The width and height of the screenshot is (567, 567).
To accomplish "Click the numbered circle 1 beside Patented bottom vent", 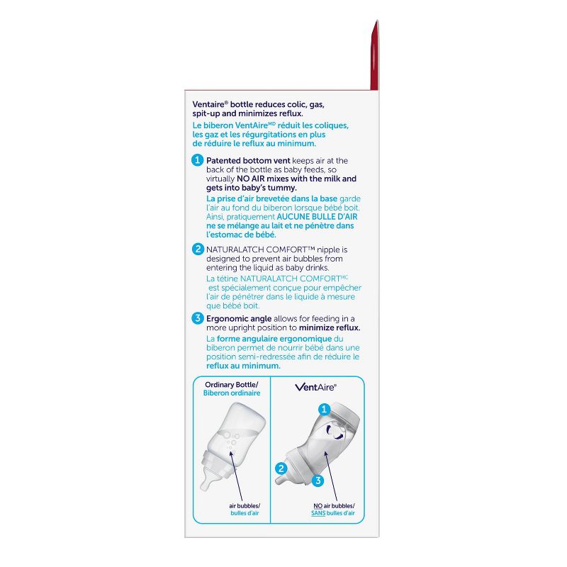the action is point(197,160).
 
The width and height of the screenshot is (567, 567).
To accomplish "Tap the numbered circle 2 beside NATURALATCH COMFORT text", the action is point(198,249).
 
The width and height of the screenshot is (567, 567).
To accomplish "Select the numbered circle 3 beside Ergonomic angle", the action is point(198,318).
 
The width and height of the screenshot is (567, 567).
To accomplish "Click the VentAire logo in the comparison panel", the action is point(315,387).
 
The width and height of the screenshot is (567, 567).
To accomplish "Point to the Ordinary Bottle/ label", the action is point(232,384).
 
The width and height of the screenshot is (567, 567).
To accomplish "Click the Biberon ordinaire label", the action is point(232,393).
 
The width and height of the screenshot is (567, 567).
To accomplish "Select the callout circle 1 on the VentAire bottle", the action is point(324,410).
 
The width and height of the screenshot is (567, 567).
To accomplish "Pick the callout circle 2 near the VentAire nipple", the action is point(281,468).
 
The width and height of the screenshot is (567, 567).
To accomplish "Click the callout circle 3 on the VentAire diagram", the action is point(318,481).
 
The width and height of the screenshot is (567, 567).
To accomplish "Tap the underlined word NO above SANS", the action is point(318,506).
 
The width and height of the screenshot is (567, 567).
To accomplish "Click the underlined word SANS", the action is point(318,513).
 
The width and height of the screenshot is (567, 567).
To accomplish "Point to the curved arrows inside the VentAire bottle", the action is point(335,432).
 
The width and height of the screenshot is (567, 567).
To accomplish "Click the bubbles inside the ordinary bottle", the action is point(230,442).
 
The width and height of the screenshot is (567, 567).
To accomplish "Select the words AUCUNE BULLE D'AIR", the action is point(317,217).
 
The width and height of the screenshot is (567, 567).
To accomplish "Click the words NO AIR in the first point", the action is point(250,179).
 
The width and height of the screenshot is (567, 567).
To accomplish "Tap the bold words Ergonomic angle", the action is point(239,318).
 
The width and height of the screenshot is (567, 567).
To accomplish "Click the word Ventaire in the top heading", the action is point(208,104).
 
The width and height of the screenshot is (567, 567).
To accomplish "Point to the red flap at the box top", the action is point(375,55).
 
